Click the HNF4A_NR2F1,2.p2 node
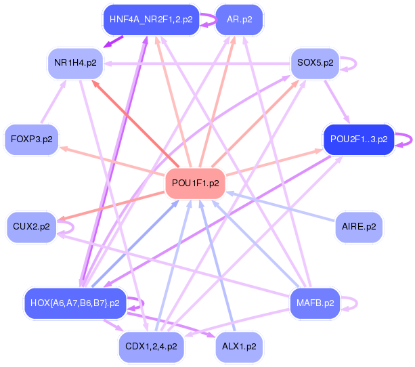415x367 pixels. tap(151, 20)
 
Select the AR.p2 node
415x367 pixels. tap(239, 20)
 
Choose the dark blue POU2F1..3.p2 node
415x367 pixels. tap(358, 139)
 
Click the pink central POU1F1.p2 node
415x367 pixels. tap(196, 183)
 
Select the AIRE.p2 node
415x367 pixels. tap(359, 227)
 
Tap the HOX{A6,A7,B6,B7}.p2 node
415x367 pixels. tap(75, 303)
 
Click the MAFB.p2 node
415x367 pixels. tap(315, 303)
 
